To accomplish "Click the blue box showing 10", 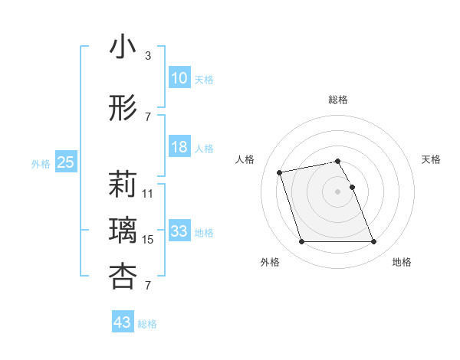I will point(179,77).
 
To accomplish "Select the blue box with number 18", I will point(179,147).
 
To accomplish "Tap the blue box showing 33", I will point(179,231).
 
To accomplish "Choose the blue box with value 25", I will point(65,162).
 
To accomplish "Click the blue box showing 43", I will point(123,322).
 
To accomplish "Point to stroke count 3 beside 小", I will point(148,56).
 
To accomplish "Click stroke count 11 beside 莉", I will point(148,194).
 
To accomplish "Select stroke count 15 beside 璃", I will point(148,240).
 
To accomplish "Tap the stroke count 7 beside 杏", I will point(147,286).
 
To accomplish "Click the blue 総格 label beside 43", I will point(147,324).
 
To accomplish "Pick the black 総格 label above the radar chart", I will point(337,100).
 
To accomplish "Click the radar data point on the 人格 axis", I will point(280,172).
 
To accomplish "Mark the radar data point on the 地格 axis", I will point(373,242).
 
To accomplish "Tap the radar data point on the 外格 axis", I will point(301,242).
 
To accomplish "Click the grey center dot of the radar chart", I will point(337,191).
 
